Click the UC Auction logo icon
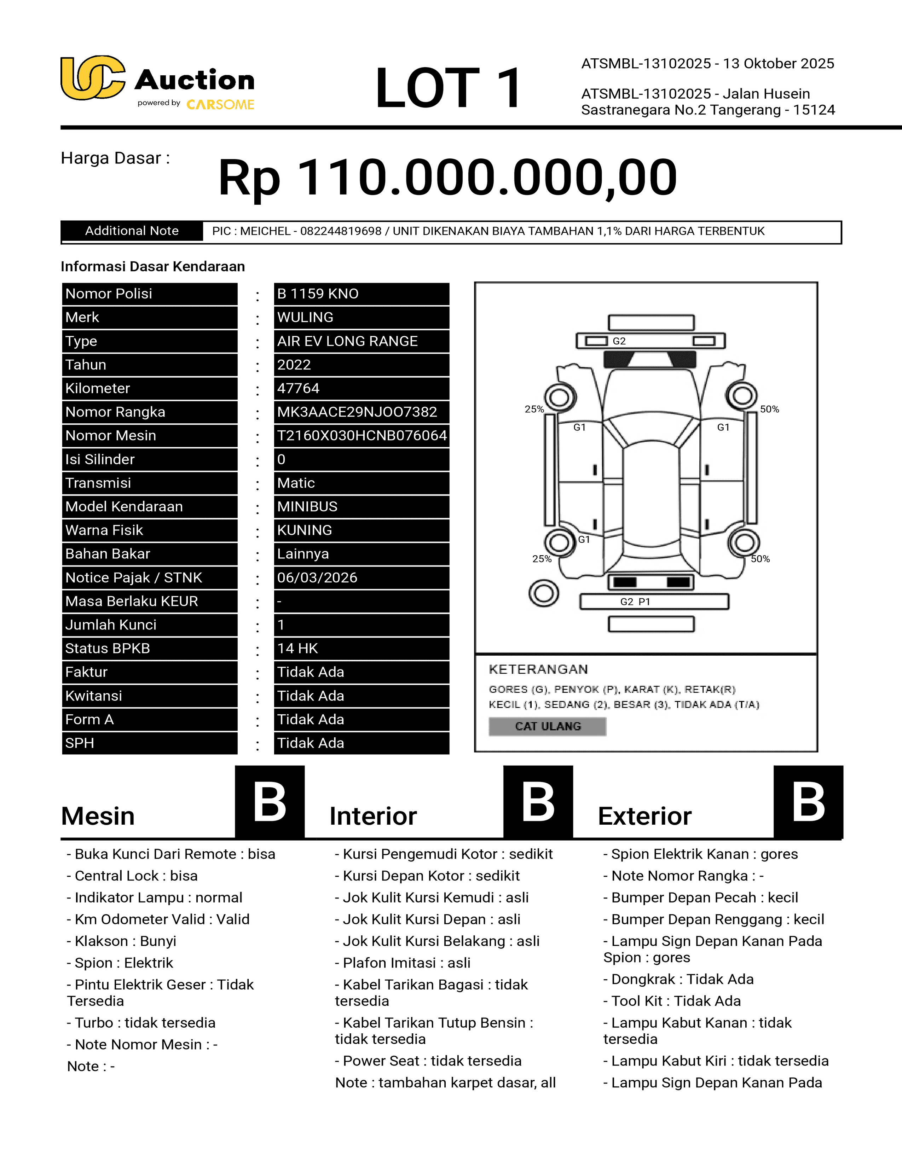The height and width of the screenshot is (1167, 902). (x=92, y=78)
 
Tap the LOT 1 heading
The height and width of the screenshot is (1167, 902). (x=448, y=88)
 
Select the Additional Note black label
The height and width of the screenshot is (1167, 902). (x=132, y=231)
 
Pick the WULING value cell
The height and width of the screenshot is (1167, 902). (x=361, y=318)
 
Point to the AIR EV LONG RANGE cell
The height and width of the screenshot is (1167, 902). (x=361, y=341)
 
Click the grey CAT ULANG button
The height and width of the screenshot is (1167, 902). (x=547, y=726)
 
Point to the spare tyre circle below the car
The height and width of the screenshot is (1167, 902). (x=543, y=593)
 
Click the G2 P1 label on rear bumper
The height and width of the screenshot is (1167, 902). (x=635, y=602)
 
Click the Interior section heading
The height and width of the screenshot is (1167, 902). (x=373, y=816)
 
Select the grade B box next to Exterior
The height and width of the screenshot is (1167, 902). (x=808, y=801)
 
